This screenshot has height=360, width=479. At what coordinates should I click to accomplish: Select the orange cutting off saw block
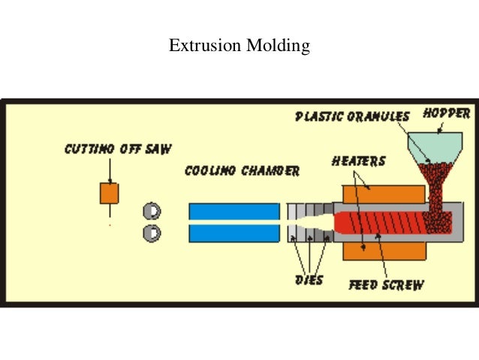tap(110, 192)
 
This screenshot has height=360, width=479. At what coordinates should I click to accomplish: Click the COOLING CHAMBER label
tap(242, 171)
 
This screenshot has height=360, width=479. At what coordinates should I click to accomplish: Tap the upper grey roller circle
tap(152, 211)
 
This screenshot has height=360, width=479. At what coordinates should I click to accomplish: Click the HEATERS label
tap(359, 161)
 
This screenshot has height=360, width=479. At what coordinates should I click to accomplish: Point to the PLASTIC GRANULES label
tap(352, 116)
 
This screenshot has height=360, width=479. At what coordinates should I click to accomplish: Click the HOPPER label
tap(446, 114)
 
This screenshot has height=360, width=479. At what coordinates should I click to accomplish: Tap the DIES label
tap(309, 280)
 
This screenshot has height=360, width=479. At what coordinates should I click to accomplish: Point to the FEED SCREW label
tap(386, 285)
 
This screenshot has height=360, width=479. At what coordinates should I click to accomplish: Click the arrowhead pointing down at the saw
tap(110, 180)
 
